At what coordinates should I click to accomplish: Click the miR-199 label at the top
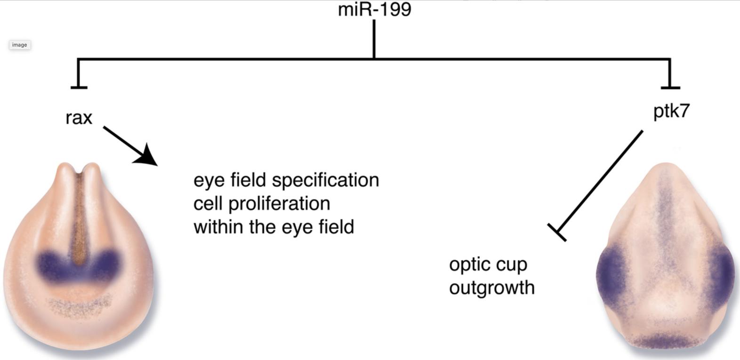click(x=374, y=10)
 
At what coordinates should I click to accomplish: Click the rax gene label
click(x=79, y=118)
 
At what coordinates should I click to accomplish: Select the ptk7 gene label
click(x=671, y=112)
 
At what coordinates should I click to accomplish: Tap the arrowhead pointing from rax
click(x=147, y=155)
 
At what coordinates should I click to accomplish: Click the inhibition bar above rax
click(x=79, y=87)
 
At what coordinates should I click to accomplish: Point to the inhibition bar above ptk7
click(x=670, y=87)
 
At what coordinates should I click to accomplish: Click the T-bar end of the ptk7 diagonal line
click(x=557, y=232)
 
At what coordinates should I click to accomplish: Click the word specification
click(x=325, y=180)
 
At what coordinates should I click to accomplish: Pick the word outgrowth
click(x=492, y=288)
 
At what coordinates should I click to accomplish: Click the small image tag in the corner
click(x=19, y=45)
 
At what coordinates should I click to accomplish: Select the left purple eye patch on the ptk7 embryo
click(x=610, y=274)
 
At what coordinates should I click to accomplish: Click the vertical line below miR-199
click(x=374, y=39)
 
